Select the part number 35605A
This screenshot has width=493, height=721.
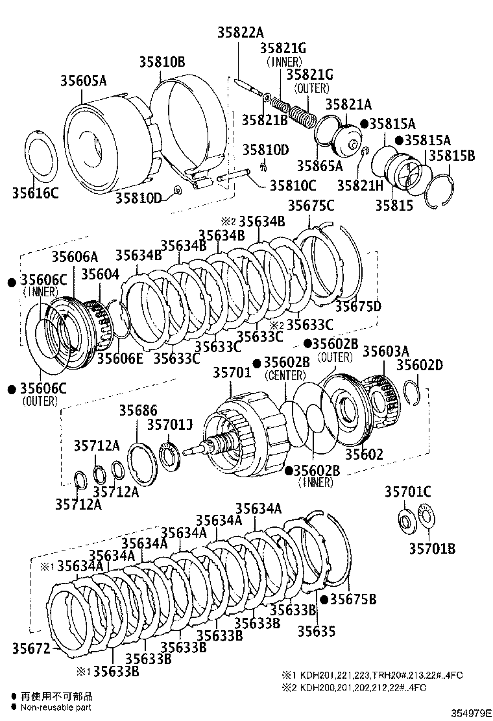click(83, 81)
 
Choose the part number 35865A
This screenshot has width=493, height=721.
click(320, 166)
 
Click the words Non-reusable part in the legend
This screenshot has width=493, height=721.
click(56, 707)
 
